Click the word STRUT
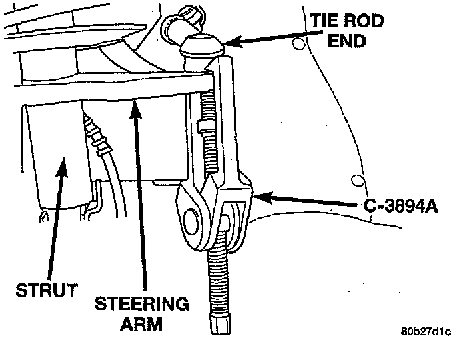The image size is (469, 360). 45,291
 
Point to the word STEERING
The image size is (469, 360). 142,305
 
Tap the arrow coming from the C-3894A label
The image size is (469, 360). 306,199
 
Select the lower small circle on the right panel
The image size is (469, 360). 358,180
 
